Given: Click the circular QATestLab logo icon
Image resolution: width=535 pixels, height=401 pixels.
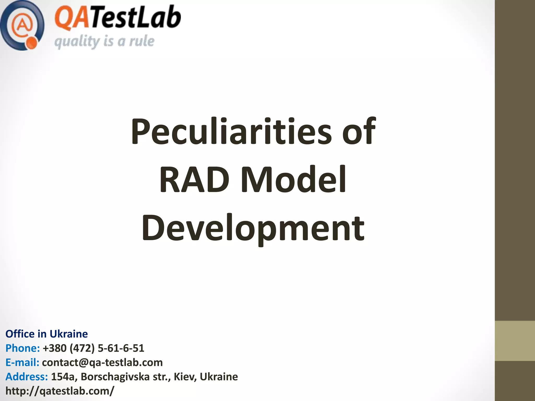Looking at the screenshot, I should [x=22, y=25].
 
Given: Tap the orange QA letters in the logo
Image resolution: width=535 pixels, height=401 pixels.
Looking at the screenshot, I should [x=70, y=18].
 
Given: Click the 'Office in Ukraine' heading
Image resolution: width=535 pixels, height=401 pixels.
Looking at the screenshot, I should [x=46, y=334].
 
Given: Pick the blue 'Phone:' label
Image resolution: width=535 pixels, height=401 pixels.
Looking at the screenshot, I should [x=22, y=348].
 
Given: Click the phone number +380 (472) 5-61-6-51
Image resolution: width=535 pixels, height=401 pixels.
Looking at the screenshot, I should [x=93, y=348].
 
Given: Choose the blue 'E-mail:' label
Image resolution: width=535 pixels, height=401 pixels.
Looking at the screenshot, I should [x=22, y=362].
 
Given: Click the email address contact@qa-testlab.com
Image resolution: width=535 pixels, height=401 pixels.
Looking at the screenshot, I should [x=102, y=362].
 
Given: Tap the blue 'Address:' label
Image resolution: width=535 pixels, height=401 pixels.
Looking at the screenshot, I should [x=27, y=377].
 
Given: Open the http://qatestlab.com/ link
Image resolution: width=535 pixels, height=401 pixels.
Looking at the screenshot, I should [x=60, y=391].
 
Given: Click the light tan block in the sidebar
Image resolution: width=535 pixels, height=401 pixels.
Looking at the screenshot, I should [x=515, y=341].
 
